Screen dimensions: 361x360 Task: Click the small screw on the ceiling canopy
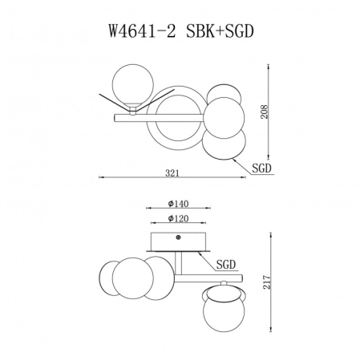(178, 237)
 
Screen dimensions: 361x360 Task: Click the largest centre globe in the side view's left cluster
(132, 279)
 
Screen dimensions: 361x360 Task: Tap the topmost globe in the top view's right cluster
(224, 87)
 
